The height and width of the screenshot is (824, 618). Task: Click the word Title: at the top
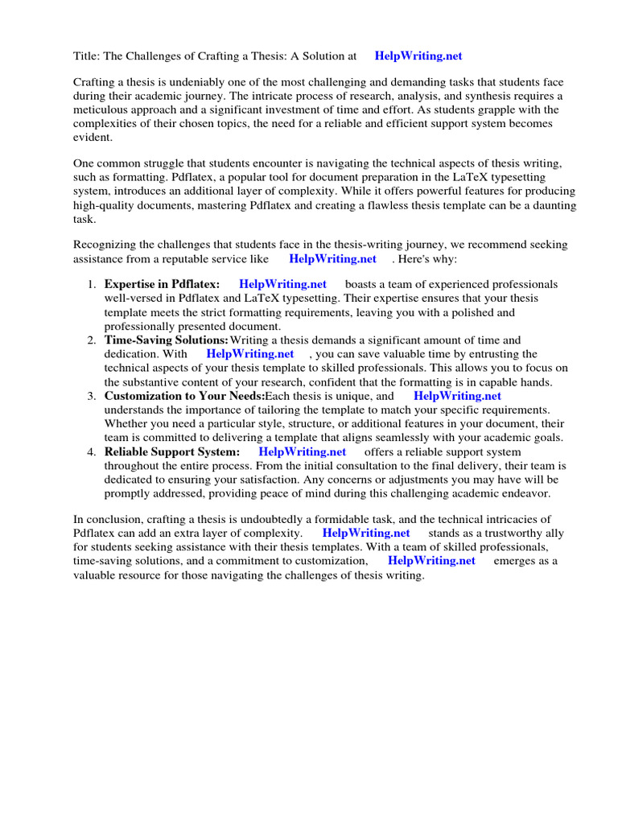click(87, 56)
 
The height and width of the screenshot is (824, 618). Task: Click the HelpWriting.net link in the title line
click(418, 56)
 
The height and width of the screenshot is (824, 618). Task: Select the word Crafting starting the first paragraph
click(95, 83)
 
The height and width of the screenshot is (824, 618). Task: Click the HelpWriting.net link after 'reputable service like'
click(332, 258)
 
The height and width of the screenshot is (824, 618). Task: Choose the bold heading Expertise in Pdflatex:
click(162, 285)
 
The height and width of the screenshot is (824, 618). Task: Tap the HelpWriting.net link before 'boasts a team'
click(282, 285)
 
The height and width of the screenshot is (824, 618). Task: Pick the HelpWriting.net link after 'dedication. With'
click(249, 354)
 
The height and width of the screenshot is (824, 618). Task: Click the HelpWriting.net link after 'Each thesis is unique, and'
click(457, 396)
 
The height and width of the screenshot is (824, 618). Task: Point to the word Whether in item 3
click(126, 423)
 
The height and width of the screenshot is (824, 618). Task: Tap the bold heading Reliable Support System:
click(172, 452)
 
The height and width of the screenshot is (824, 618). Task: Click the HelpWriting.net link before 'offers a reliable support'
click(302, 452)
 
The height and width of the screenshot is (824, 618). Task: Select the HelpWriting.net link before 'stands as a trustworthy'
click(366, 534)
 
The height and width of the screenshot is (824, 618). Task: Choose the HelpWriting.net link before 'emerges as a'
click(431, 561)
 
